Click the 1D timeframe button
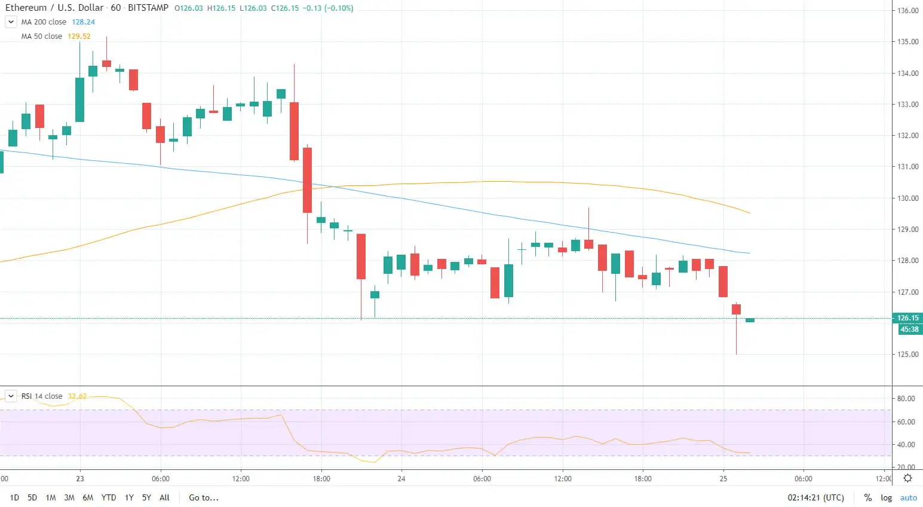pos(14,497)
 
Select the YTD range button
pos(109,497)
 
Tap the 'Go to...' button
pos(204,497)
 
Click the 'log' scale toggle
pos(886,497)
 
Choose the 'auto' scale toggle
pos(908,497)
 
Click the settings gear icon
pos(907,478)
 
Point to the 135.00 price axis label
pos(907,42)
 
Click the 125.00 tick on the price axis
pos(907,355)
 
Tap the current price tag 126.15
pos(907,318)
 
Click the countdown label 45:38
pos(909,329)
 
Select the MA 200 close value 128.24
pos(83,22)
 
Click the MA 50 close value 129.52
pos(79,36)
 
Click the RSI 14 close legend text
pos(42,396)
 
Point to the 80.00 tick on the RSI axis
pos(906,399)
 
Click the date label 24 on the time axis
pos(401,478)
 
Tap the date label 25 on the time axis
pos(723,478)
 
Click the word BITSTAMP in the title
pos(148,8)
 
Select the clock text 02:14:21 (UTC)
pos(815,497)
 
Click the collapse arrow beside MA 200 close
pos(11,22)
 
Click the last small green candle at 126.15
pos(750,320)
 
